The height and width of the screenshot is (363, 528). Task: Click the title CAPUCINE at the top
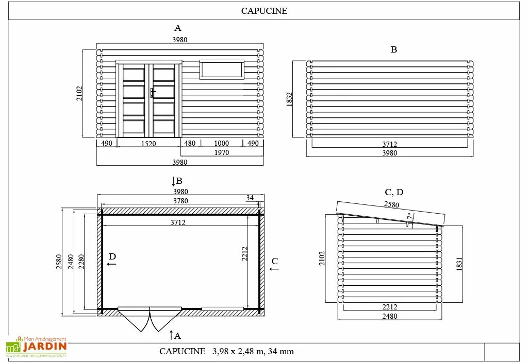tap(264, 11)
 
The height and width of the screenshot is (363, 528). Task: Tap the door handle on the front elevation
tap(153, 92)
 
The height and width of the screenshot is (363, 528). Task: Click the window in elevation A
tap(222, 70)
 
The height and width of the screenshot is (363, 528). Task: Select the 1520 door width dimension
tap(148, 144)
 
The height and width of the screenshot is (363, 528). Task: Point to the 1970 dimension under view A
tap(221, 152)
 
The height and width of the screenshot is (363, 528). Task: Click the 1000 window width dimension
tap(221, 143)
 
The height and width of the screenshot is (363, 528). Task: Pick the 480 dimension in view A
tap(190, 143)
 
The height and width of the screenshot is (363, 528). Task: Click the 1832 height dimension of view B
tap(289, 99)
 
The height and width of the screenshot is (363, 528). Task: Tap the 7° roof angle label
tap(409, 217)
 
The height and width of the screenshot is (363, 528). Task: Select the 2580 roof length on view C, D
tap(392, 204)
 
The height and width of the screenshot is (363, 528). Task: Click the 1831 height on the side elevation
tap(459, 264)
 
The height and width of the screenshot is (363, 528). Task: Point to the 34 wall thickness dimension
tap(250, 198)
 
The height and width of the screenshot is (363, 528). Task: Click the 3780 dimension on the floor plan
tap(180, 201)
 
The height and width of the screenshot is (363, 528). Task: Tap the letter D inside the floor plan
tap(112, 256)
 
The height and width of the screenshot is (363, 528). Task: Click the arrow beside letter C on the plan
tap(274, 269)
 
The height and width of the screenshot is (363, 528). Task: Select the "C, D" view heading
tap(394, 192)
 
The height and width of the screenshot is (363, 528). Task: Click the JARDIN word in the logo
tap(45, 347)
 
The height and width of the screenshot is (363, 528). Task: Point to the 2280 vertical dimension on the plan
tap(81, 262)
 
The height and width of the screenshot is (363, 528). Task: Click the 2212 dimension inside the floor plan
tap(245, 254)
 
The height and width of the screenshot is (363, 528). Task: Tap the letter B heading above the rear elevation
tap(393, 50)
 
